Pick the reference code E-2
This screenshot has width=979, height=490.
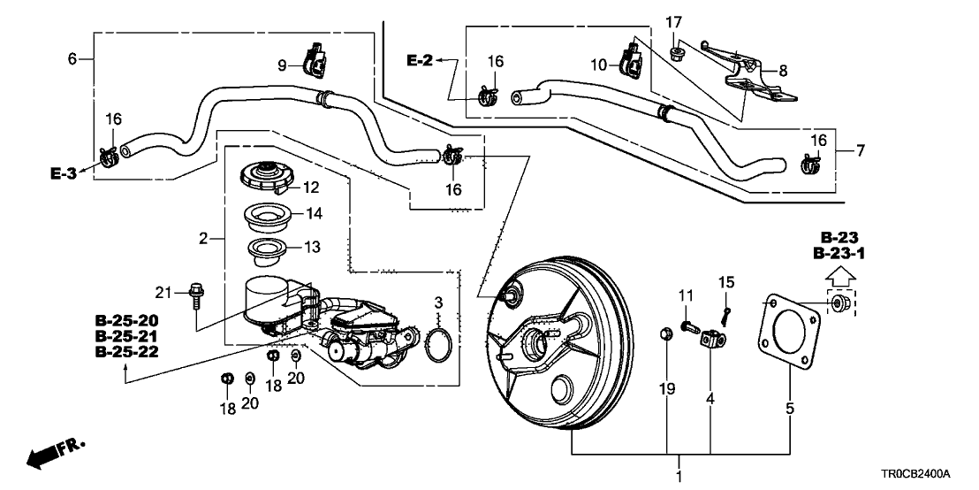(420, 60)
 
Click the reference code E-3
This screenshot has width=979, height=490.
(65, 174)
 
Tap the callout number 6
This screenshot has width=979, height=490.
(72, 58)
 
